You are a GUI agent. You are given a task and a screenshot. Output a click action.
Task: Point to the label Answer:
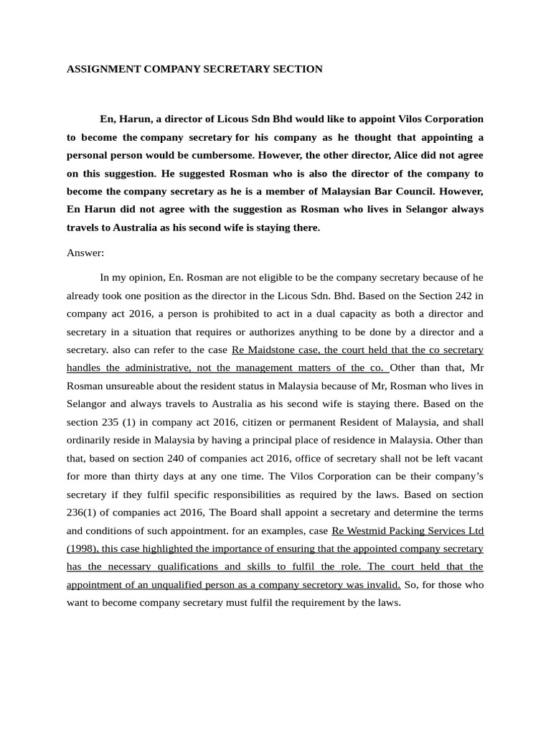coord(85,253)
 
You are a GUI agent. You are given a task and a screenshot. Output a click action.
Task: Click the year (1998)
coord(83,549)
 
